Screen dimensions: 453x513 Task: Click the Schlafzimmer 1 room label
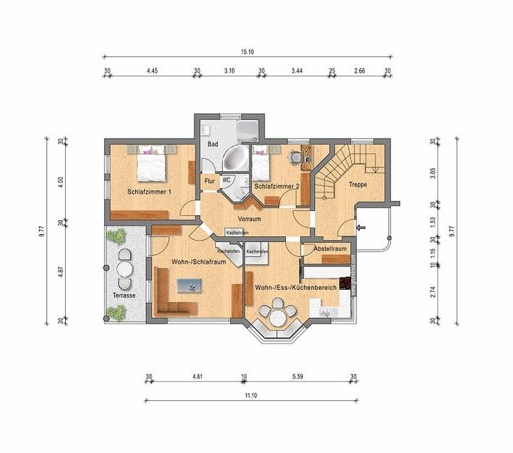(150, 192)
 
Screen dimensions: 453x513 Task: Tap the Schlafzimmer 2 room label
(276, 186)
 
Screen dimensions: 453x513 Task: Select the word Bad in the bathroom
(212, 144)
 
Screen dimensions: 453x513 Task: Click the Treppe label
(358, 184)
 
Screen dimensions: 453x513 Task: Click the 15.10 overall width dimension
(247, 52)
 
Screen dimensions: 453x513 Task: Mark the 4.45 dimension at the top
(152, 71)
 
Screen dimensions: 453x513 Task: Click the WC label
(226, 179)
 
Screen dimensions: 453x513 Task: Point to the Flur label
(210, 181)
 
